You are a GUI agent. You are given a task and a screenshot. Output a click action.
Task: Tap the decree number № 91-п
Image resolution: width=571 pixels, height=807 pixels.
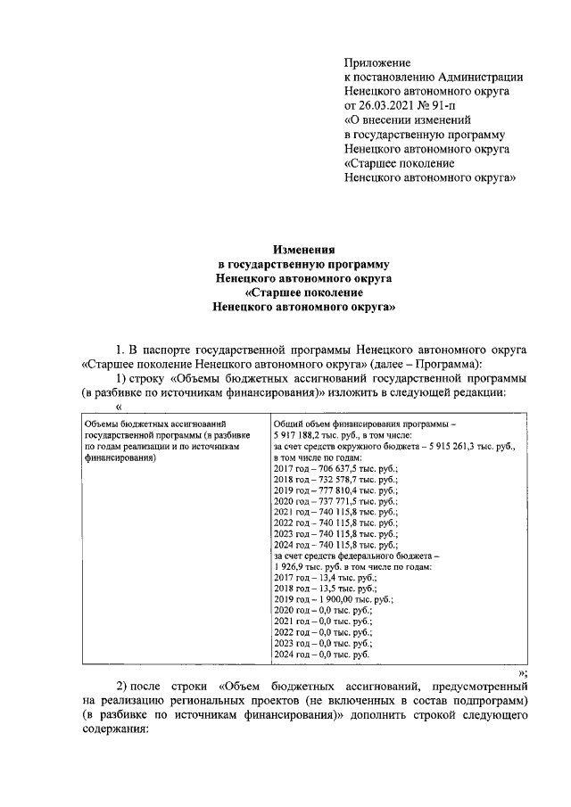440,105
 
